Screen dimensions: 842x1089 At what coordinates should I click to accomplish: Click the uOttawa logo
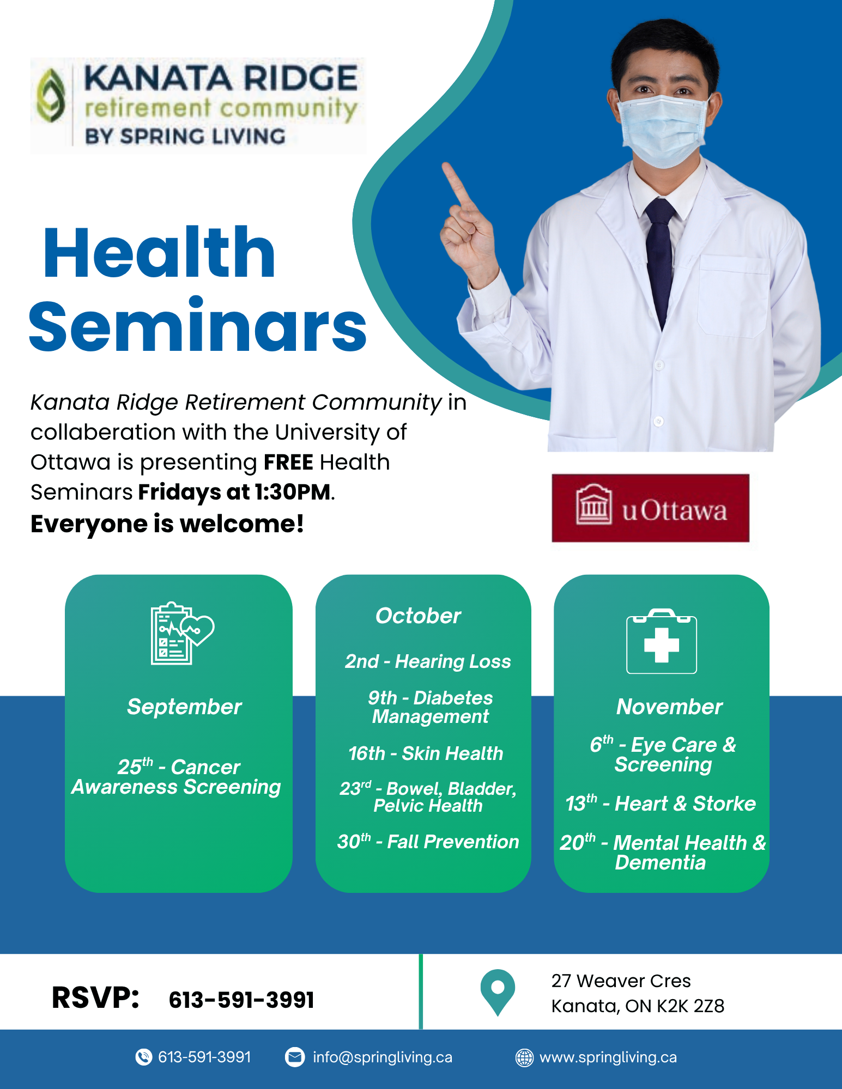[x=650, y=508]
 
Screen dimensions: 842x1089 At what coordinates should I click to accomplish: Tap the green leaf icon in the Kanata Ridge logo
[x=51, y=96]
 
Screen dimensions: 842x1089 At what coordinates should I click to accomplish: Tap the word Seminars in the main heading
[x=198, y=325]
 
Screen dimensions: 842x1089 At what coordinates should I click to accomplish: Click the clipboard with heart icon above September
[x=182, y=633]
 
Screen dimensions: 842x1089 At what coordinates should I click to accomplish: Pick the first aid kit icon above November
[x=662, y=641]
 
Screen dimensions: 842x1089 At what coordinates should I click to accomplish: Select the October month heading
[x=418, y=616]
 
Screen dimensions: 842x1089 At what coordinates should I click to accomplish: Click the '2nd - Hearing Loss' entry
[x=428, y=661]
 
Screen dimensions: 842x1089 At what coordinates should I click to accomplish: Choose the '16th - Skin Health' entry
[x=426, y=753]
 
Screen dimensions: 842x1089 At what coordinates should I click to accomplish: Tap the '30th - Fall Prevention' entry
[x=428, y=842]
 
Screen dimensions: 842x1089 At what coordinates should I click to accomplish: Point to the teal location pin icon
[x=498, y=992]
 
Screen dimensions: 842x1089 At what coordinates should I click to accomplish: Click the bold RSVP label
[x=95, y=998]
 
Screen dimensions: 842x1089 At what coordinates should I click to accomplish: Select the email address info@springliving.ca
[x=383, y=1057]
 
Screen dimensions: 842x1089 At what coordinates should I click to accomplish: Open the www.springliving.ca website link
[x=608, y=1057]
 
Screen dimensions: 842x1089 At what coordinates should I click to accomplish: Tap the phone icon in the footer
[x=143, y=1057]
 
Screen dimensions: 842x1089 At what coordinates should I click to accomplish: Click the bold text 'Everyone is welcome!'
[x=167, y=524]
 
